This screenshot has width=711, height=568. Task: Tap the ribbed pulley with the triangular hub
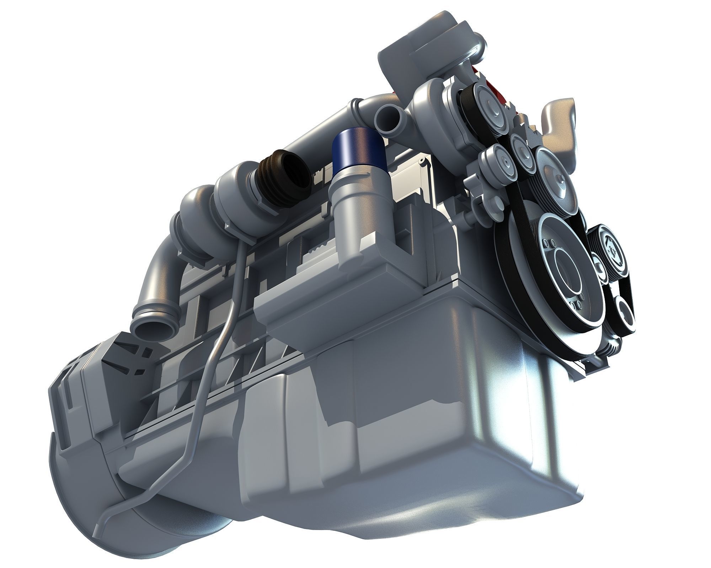tap(613, 248)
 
